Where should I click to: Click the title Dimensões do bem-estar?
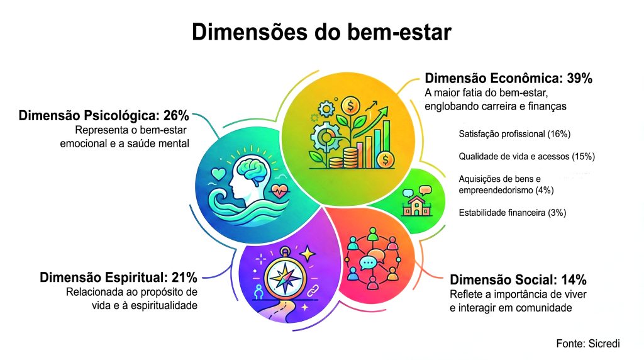(321, 32)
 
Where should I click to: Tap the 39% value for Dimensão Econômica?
(579, 78)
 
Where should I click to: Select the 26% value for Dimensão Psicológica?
(176, 115)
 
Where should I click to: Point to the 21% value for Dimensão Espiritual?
(184, 278)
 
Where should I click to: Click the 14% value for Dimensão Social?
(574, 280)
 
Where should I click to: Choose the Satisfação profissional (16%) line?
(514, 134)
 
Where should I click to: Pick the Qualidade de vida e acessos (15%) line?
(527, 157)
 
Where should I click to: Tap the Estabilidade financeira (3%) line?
(513, 213)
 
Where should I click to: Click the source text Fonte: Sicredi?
(588, 344)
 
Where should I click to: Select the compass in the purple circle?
(285, 276)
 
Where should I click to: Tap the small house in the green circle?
(416, 206)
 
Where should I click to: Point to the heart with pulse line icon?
(279, 191)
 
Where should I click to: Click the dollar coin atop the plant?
(350, 106)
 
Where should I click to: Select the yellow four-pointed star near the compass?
(307, 254)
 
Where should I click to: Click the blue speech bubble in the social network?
(367, 263)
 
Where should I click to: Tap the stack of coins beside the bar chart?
(350, 158)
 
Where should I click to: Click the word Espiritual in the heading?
(136, 278)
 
